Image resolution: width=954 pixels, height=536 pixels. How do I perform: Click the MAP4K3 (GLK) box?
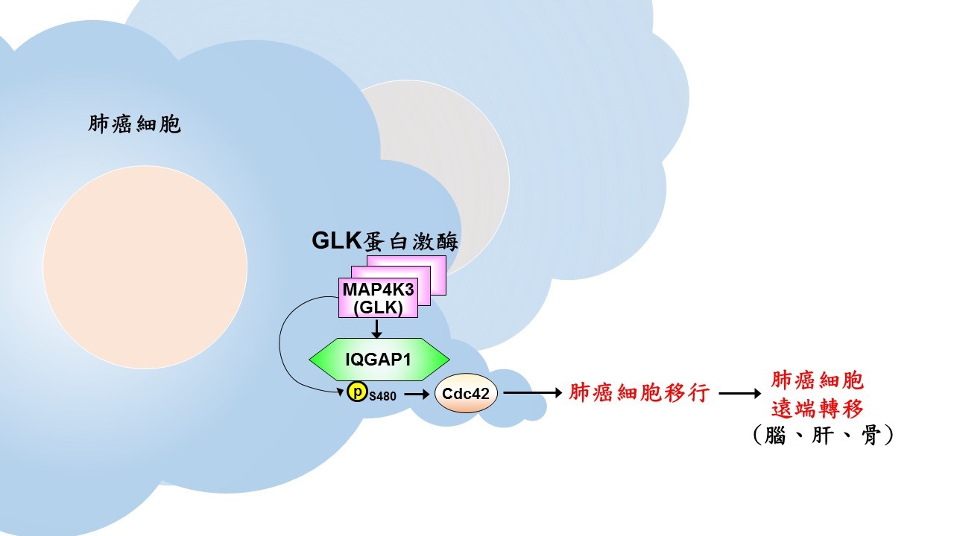[x=378, y=298]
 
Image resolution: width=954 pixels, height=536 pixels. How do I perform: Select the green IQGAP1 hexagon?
[x=379, y=360]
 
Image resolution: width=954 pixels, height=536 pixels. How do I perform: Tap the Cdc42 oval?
[x=466, y=393]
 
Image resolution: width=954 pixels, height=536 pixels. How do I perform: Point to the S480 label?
[x=382, y=396]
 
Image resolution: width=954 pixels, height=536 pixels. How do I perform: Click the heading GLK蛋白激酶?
[x=384, y=240]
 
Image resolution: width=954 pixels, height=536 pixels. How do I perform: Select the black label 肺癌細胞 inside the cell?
[x=134, y=124]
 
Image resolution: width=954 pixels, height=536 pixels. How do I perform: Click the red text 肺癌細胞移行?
[x=639, y=393]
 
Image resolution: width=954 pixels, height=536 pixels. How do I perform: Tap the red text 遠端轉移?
[x=818, y=409]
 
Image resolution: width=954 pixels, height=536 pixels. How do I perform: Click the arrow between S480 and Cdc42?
[x=415, y=393]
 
